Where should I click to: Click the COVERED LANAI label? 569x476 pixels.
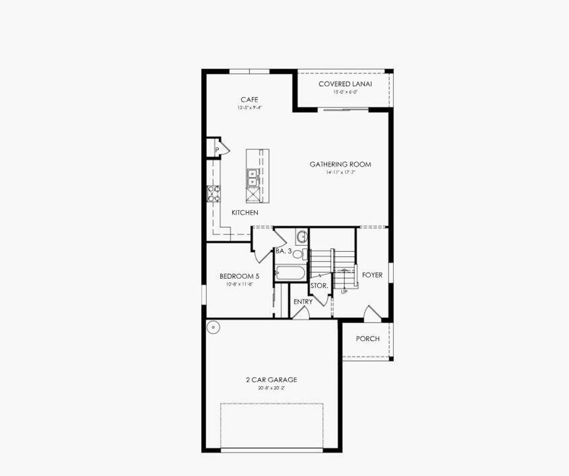click(x=345, y=84)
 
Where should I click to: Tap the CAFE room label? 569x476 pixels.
click(x=249, y=99)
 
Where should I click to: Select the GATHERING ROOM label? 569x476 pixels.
click(x=340, y=164)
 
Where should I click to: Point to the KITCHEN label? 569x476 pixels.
click(x=244, y=213)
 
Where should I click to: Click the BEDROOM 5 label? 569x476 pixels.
click(x=239, y=276)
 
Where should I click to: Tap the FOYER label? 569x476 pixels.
click(x=372, y=275)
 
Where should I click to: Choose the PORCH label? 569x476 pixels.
click(x=368, y=339)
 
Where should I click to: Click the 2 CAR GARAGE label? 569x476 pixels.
click(x=271, y=380)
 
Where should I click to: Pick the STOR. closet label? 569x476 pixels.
click(x=319, y=286)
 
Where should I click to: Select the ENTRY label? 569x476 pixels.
click(x=303, y=302)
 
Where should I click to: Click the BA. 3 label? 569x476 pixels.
click(x=283, y=252)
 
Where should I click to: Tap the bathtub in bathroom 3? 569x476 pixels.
click(x=290, y=273)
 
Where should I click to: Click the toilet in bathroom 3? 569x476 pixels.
click(x=298, y=254)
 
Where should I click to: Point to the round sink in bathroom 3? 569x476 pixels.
click(x=301, y=237)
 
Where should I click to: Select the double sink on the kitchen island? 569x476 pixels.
click(x=252, y=177)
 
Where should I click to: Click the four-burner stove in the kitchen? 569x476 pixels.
click(x=213, y=193)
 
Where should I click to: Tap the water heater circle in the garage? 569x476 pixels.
click(x=213, y=327)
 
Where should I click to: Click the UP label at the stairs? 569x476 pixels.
click(x=344, y=292)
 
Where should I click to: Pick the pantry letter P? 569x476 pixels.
click(x=217, y=149)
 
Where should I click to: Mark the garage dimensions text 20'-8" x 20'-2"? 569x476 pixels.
click(x=271, y=388)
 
